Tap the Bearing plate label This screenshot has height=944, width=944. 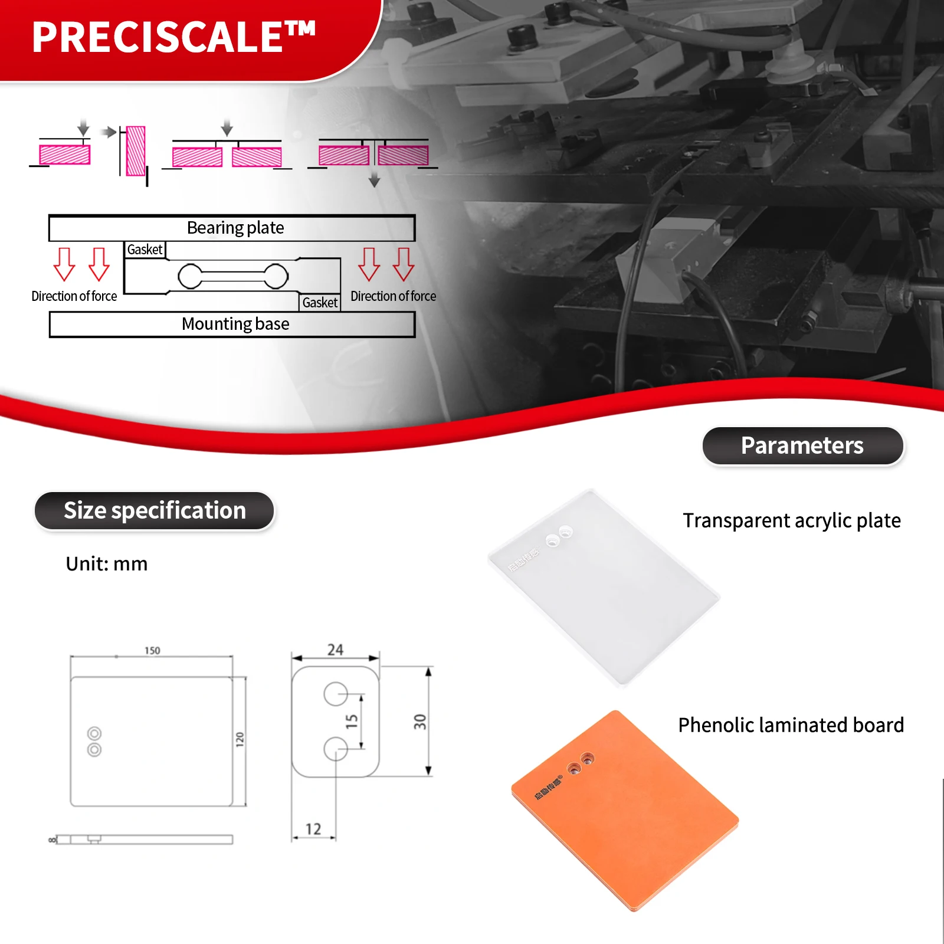235,228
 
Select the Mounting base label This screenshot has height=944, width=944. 235,324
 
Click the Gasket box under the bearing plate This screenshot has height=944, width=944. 145,250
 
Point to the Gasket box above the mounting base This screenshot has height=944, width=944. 320,303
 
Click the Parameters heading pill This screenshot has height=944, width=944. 802,445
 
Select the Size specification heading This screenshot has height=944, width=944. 155,510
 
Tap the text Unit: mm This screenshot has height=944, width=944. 107,564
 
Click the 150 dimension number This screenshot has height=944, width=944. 152,650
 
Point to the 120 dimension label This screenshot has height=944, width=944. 240,739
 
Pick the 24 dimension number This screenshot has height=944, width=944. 335,650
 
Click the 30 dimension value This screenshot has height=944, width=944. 419,721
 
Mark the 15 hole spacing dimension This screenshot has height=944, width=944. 352,720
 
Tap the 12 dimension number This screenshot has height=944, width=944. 313,829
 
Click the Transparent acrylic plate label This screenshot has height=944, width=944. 791,520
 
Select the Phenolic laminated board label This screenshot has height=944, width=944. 791,725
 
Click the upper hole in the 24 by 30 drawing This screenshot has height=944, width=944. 335,694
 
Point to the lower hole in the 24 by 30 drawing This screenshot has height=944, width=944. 335,748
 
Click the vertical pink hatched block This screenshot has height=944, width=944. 136,151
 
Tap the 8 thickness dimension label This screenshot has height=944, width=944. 52,839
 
